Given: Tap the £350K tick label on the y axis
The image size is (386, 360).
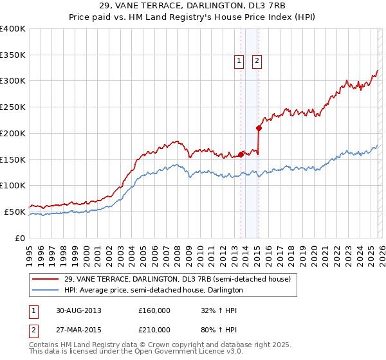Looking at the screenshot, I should click(x=13, y=55).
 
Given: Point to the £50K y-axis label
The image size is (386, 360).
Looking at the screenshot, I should click(x=15, y=212).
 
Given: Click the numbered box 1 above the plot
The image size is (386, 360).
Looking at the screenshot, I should click(x=239, y=61).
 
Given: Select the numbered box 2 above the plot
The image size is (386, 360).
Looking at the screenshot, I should click(x=257, y=61).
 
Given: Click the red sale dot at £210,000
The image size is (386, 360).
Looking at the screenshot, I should click(x=259, y=128).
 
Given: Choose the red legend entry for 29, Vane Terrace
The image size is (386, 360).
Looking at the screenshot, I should click(x=177, y=279).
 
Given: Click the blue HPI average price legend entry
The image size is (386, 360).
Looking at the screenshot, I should click(x=153, y=290).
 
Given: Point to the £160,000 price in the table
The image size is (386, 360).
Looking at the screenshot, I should click(x=154, y=310).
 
